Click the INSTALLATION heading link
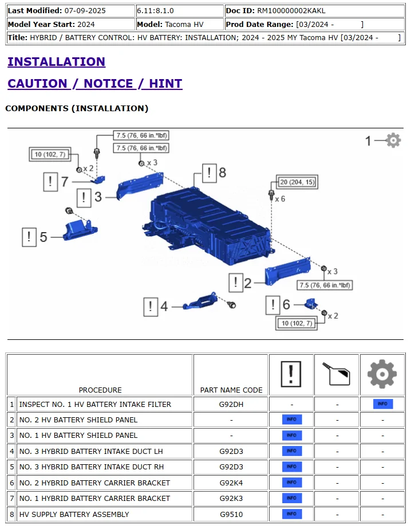click(56, 62)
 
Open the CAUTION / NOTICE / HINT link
click(94, 84)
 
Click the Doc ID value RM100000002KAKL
click(291, 10)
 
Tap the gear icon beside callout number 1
click(393, 140)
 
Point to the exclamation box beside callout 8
click(210, 172)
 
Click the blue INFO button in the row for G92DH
click(382, 404)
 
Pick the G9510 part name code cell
click(231, 514)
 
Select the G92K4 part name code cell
click(231, 483)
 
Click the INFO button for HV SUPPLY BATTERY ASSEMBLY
click(291, 514)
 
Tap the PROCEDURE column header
click(100, 390)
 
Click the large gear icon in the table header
click(382, 374)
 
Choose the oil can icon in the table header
click(337, 374)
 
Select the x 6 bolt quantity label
click(280, 199)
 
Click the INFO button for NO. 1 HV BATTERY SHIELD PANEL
click(291, 436)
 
